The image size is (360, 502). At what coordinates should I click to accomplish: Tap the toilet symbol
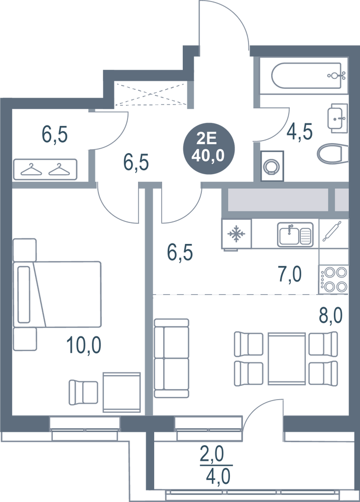tap(332, 153)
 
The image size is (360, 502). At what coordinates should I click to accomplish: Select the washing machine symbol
tap(272, 166)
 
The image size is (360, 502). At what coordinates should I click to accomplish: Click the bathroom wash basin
tap(337, 118)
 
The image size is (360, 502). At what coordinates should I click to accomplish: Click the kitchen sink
tap(295, 234)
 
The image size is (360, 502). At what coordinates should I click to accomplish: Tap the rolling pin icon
tap(332, 231)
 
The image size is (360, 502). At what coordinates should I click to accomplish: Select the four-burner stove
tap(333, 279)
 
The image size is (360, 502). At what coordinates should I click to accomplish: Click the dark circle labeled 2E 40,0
tap(209, 148)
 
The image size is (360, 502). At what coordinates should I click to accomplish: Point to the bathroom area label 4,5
tap(300, 131)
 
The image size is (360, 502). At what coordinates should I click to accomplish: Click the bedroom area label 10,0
tap(84, 345)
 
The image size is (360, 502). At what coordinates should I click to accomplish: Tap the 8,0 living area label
tap(330, 315)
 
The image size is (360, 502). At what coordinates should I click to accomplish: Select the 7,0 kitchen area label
tap(290, 274)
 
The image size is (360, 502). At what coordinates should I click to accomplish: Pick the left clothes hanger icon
tap(31, 170)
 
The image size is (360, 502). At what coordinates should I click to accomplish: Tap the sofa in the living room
tap(171, 358)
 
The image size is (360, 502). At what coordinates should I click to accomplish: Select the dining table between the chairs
tap(287, 358)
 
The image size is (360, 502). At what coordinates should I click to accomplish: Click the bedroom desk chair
tap(83, 393)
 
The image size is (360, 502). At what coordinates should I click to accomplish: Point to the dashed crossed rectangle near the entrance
tap(151, 94)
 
